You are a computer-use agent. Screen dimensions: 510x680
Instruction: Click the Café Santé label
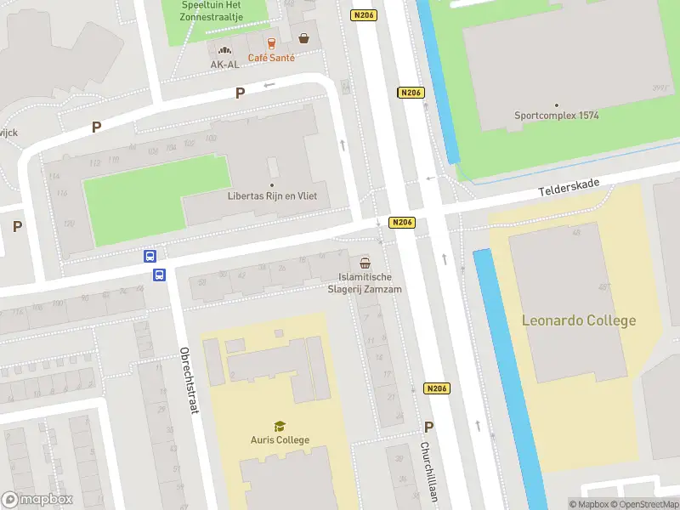click(x=271, y=58)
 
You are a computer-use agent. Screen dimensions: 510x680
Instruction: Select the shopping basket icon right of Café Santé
click(x=303, y=37)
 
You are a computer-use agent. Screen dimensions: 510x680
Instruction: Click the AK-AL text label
click(x=224, y=64)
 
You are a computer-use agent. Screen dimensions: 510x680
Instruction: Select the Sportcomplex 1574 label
click(x=556, y=116)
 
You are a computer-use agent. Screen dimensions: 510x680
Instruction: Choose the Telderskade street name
click(x=569, y=189)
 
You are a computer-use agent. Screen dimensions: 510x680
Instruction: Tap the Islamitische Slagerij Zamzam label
click(x=365, y=283)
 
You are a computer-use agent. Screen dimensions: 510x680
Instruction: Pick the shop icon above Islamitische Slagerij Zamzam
click(x=365, y=263)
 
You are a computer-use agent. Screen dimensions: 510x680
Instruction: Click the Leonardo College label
click(x=578, y=320)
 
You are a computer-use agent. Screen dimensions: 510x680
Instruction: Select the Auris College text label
click(x=280, y=439)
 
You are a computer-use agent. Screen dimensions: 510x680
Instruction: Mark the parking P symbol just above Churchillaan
click(x=428, y=428)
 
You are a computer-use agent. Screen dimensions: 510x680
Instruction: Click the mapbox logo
click(x=37, y=500)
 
